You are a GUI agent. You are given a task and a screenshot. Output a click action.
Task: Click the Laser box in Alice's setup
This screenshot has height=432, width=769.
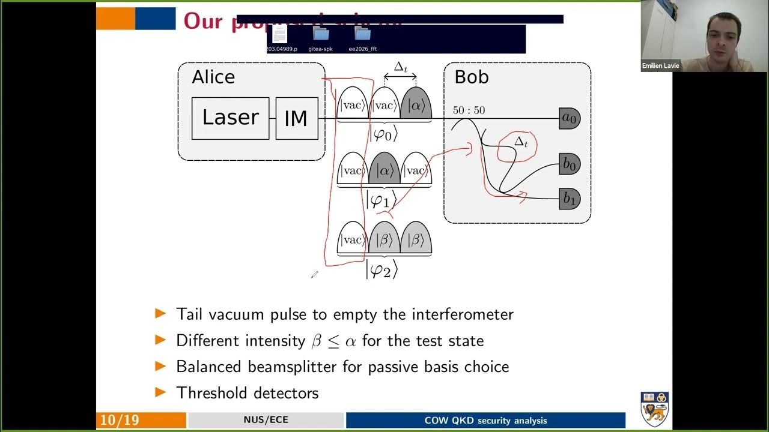pyautogui.click(x=230, y=118)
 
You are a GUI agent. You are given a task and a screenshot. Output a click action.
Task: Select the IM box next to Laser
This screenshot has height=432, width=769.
pyautogui.click(x=296, y=118)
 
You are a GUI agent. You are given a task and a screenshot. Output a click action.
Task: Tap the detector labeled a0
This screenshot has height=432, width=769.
pyautogui.click(x=569, y=119)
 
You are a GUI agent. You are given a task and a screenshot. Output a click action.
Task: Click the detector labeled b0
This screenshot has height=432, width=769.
pyautogui.click(x=569, y=164)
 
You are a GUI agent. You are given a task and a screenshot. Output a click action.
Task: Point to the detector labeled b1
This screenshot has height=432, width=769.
pyautogui.click(x=569, y=199)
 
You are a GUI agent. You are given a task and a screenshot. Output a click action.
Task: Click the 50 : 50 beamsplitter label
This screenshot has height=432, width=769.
pyautogui.click(x=469, y=110)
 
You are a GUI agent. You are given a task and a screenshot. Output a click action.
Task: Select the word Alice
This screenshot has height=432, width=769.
pyautogui.click(x=213, y=77)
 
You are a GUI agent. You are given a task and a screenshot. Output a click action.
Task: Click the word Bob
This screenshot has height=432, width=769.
pyautogui.click(x=472, y=77)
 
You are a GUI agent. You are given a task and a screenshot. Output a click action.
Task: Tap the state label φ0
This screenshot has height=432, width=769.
pyautogui.click(x=383, y=134)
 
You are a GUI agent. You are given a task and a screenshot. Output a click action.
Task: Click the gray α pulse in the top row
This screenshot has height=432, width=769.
pyautogui.click(x=416, y=106)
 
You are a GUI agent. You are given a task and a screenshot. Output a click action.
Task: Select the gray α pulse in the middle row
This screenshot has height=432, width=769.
pyautogui.click(x=384, y=170)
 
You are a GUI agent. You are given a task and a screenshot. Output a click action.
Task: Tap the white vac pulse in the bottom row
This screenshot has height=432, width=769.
pyautogui.click(x=352, y=240)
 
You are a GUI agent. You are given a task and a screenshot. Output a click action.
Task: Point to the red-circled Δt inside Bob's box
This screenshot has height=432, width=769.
pyautogui.click(x=521, y=142)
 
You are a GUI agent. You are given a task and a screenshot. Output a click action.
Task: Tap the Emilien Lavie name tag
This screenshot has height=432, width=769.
pyautogui.click(x=660, y=66)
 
